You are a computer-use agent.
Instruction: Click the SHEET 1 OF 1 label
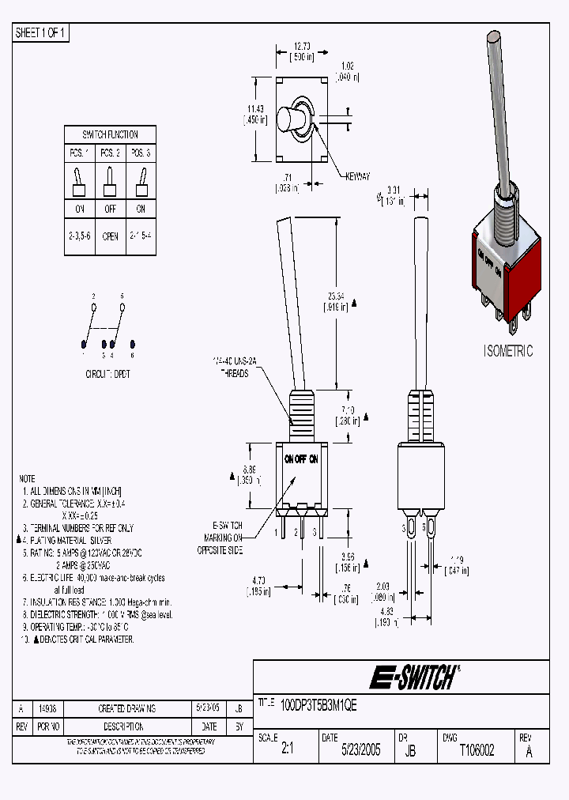41,32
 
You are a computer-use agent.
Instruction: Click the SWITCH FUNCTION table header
110,134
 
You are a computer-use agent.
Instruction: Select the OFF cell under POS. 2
110,209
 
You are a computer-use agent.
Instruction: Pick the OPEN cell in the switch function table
110,236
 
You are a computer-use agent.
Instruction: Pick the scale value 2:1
286,750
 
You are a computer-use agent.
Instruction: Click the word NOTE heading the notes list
27,479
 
